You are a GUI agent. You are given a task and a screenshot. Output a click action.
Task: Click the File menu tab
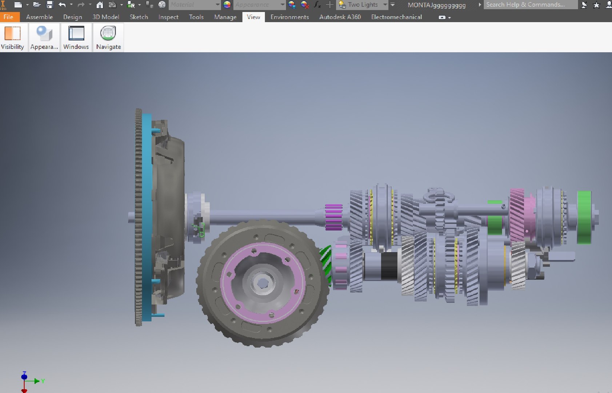pos(8,17)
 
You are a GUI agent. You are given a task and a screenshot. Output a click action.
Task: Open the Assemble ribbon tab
pos(39,17)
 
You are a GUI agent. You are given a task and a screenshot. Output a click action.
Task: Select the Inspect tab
pos(168,17)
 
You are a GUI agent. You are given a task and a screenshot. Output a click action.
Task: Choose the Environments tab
pos(289,17)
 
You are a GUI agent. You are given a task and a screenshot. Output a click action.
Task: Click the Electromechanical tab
pos(396,17)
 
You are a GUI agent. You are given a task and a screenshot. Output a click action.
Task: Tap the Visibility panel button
pos(12,37)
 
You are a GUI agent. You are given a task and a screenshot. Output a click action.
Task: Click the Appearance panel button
pos(44,37)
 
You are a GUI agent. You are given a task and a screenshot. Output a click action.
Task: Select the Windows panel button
pos(76,37)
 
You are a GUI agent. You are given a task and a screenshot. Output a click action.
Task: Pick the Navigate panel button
pos(108,37)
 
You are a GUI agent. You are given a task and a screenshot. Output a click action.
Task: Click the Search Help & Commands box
pos(530,5)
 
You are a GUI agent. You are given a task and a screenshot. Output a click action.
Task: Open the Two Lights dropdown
pos(385,5)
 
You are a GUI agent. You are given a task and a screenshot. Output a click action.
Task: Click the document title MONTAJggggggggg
pos(436,5)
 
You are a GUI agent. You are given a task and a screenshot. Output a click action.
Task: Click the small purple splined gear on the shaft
pos(333,217)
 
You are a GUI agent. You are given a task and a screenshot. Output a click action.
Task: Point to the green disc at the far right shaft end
pos(584,217)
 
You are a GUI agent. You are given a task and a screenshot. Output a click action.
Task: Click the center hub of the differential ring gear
pos(262,282)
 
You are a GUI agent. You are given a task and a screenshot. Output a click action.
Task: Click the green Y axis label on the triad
pos(43,381)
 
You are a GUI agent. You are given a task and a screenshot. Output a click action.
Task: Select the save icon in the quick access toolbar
pos(50,5)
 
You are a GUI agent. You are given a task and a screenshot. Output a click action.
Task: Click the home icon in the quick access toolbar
pos(100,5)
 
